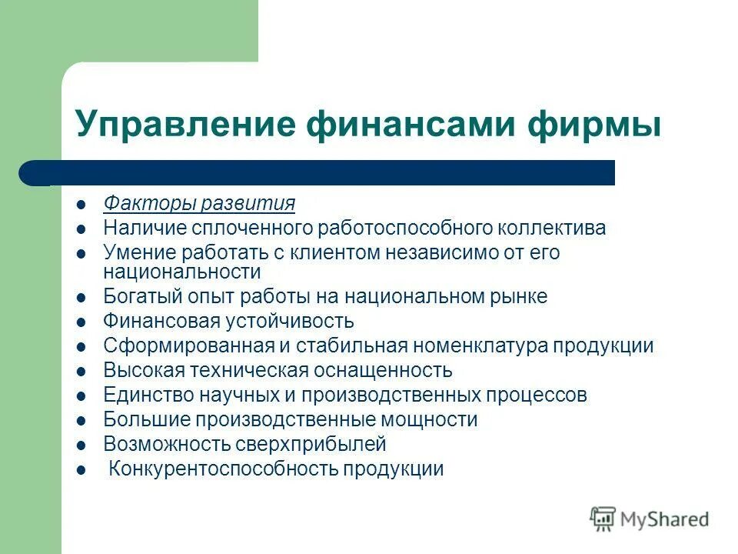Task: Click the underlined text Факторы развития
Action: (x=199, y=204)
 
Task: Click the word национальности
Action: (x=182, y=272)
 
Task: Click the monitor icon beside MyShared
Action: (x=603, y=519)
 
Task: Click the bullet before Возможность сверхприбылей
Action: (x=81, y=446)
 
